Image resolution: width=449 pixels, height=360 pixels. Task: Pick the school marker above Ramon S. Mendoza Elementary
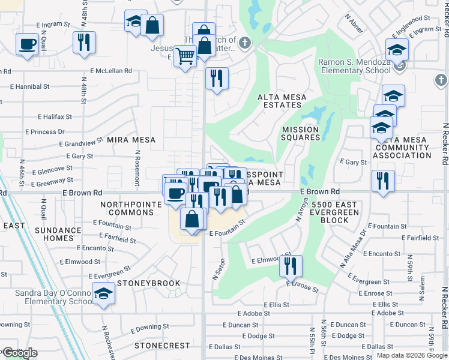pyautogui.click(x=397, y=49)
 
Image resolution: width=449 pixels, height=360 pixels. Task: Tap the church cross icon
pyautogui.click(x=244, y=43)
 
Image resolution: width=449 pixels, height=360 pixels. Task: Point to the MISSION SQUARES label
pyautogui.click(x=301, y=133)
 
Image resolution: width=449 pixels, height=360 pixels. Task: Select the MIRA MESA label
pyautogui.click(x=131, y=140)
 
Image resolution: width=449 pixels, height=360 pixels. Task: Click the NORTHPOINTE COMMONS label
pyautogui.click(x=131, y=209)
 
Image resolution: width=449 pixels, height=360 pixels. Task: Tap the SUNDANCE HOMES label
pyautogui.click(x=58, y=234)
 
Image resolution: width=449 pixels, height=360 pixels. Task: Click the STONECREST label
pyautogui.click(x=162, y=346)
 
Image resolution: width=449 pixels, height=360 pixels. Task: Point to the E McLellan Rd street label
pyautogui.click(x=111, y=71)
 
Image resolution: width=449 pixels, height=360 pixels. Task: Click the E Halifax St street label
pyautogui.click(x=55, y=116)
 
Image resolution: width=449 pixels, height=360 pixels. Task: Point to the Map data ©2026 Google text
pyautogui.click(x=412, y=355)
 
